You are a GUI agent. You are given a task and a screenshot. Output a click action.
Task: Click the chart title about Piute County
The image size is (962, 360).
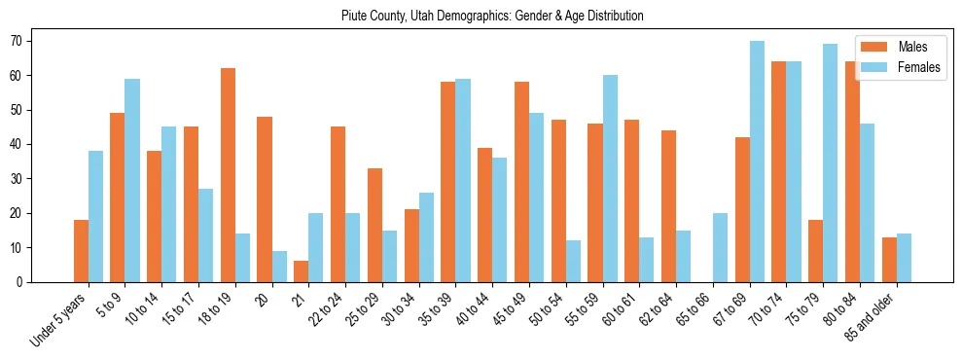click(x=492, y=17)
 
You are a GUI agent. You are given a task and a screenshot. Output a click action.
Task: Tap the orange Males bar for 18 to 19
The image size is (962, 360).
click(x=228, y=175)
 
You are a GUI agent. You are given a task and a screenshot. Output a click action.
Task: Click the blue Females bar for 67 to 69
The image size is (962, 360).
click(x=757, y=162)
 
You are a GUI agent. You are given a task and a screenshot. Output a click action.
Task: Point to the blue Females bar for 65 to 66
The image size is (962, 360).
click(x=720, y=248)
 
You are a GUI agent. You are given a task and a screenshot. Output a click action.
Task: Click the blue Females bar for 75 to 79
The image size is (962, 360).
click(x=830, y=163)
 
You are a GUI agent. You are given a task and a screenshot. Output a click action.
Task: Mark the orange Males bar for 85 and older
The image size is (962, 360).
click(x=889, y=260)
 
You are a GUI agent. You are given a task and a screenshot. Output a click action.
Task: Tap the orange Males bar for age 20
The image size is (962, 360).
click(x=265, y=199)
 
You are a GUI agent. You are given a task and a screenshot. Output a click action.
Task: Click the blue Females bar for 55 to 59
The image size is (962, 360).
click(x=610, y=179)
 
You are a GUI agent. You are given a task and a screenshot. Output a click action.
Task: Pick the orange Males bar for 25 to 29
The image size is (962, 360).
click(x=374, y=225)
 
